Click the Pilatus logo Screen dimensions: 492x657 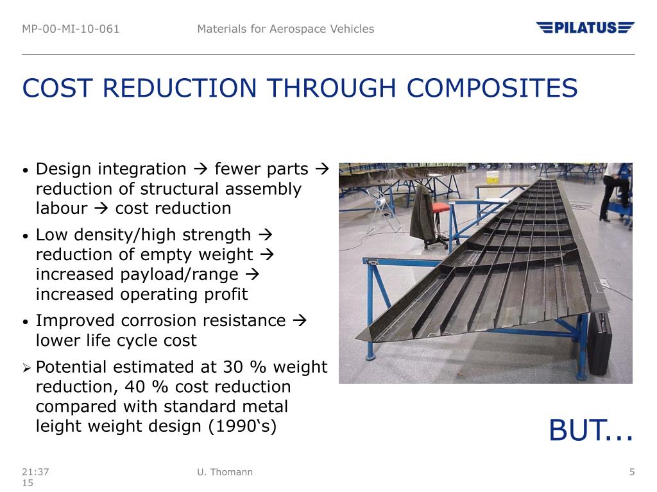click(x=585, y=28)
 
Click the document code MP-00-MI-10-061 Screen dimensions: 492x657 click(x=71, y=29)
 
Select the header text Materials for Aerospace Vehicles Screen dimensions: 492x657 click(x=286, y=29)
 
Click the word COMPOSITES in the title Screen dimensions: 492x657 click(x=492, y=88)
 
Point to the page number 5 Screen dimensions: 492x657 click(x=632, y=472)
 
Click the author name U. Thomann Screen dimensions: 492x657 click(x=225, y=472)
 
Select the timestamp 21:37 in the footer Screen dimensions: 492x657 click(x=35, y=472)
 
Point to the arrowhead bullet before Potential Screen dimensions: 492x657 click(x=26, y=368)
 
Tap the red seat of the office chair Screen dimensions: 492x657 click(x=440, y=207)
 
